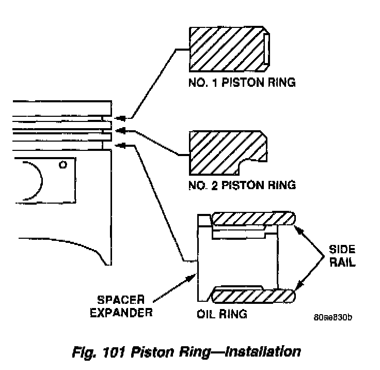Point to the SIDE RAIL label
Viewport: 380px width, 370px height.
point(342,256)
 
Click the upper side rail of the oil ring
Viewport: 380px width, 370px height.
point(253,219)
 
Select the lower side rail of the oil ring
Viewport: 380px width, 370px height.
point(253,296)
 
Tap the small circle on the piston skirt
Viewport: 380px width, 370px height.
point(63,165)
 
